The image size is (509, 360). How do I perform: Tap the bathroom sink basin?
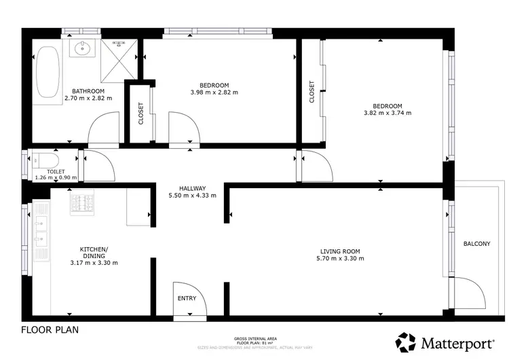[x=84, y=48]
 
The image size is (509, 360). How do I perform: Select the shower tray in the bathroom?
[x=122, y=56]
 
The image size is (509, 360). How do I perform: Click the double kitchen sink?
[x=41, y=231]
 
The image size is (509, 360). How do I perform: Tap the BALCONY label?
[x=476, y=244]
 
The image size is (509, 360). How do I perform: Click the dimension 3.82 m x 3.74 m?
[x=388, y=113]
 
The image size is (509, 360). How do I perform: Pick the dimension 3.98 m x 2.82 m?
[x=214, y=92]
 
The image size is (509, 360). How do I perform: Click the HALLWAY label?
[x=192, y=188]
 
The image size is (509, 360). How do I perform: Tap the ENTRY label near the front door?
[x=187, y=298]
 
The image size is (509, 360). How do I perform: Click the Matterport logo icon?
[x=407, y=342]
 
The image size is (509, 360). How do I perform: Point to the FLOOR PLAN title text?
[x=50, y=331]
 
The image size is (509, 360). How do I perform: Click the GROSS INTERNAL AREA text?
[x=254, y=338]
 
